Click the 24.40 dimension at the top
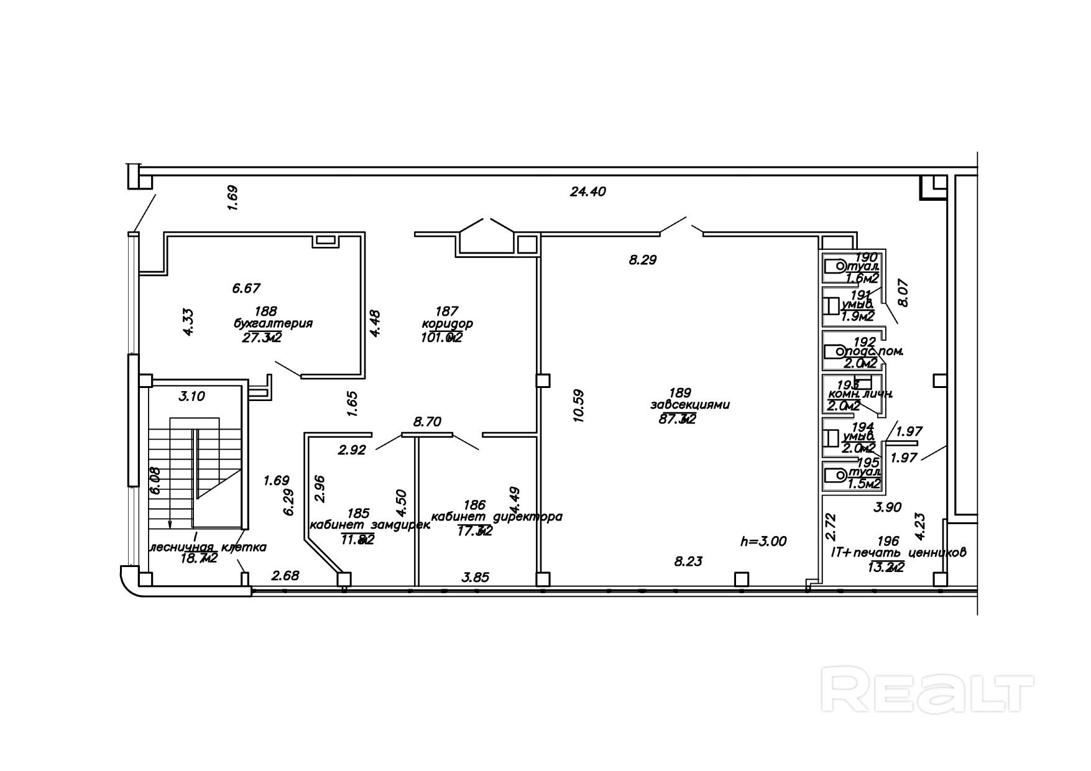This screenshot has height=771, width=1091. [587, 192]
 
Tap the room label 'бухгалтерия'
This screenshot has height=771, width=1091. [273, 323]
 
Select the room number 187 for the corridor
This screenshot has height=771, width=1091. [446, 311]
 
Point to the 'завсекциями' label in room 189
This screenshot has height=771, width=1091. [689, 405]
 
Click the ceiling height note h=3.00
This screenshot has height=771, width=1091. [763, 542]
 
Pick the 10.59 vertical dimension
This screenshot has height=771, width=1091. [579, 405]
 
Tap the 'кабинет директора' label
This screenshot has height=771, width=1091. [496, 517]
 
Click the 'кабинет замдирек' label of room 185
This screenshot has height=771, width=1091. [369, 525]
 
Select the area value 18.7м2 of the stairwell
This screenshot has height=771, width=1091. [198, 559]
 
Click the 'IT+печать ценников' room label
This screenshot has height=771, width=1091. [898, 552]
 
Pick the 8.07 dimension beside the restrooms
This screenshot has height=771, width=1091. [904, 292]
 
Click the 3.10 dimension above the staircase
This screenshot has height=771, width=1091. [191, 396]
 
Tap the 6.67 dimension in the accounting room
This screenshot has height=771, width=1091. [246, 289]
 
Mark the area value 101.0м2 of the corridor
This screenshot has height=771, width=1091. [441, 338]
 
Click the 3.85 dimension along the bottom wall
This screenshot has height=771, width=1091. [476, 577]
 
